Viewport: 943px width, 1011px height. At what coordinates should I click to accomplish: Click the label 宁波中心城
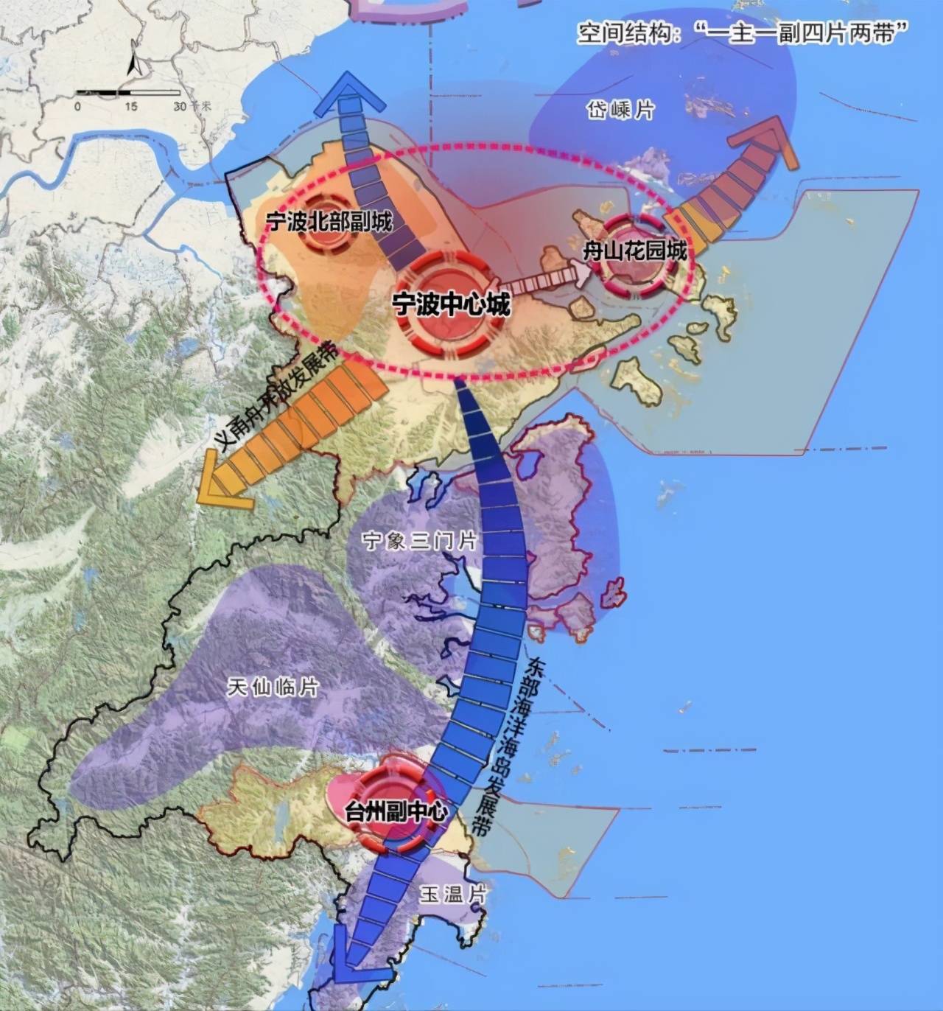(x=450, y=304)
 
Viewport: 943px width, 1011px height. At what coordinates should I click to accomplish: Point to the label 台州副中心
(x=396, y=812)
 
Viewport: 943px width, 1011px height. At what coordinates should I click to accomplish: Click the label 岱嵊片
(x=620, y=111)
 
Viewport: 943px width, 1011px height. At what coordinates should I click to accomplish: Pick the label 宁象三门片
(x=419, y=542)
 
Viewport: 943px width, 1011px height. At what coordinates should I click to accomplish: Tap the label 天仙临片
(x=273, y=688)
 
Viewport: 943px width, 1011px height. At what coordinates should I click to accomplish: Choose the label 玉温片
(x=454, y=895)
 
